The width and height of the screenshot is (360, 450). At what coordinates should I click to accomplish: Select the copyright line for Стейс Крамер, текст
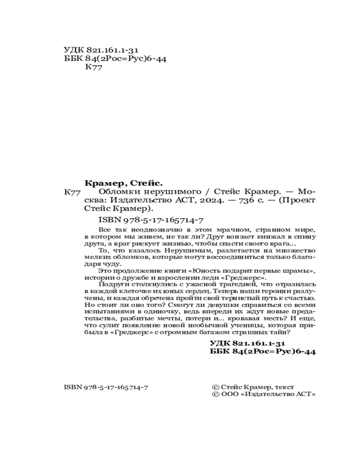[x=252, y=387]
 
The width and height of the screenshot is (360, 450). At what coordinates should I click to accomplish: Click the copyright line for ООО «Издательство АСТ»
[x=263, y=394]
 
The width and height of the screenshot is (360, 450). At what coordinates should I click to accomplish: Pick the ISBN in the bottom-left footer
[x=107, y=387]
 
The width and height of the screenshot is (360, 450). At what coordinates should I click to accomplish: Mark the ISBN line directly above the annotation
[x=151, y=220]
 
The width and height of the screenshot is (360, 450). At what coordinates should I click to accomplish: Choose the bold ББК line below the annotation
[x=263, y=352]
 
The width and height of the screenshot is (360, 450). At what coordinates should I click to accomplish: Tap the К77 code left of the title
[x=72, y=192]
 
